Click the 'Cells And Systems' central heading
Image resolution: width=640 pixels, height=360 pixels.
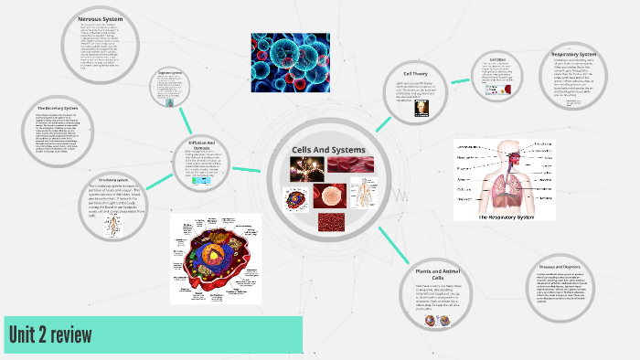(327, 150)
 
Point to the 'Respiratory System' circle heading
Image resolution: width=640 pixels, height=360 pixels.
(573, 54)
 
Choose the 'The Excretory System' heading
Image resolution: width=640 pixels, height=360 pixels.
(57, 109)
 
